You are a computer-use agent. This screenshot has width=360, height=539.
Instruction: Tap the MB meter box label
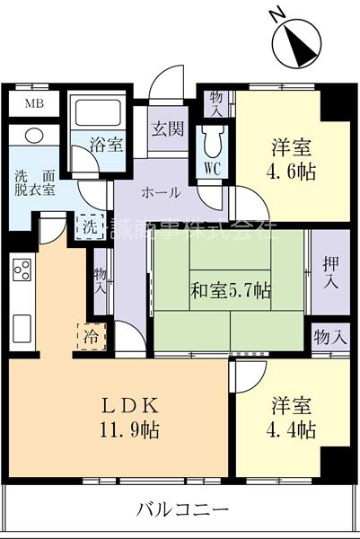[x=32, y=102]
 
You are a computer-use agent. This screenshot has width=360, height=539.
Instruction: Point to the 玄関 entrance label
[x=167, y=128]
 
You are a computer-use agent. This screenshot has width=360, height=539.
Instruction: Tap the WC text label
[x=213, y=167]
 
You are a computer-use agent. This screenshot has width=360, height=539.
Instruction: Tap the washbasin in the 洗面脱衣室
[x=35, y=137]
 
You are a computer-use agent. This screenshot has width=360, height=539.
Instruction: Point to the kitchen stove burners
[x=22, y=269]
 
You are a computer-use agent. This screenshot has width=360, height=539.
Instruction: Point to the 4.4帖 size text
[x=292, y=429]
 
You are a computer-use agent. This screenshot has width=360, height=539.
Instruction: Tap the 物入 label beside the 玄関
[x=215, y=102]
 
